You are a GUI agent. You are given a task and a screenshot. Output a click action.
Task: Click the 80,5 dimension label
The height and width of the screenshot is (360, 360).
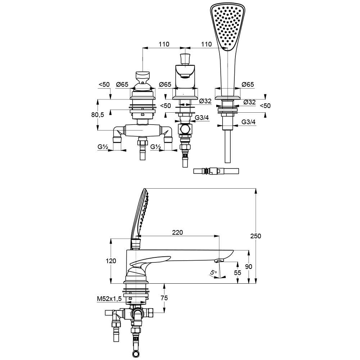(x=98, y=114)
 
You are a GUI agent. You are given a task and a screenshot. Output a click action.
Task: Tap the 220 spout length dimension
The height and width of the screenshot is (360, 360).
(x=177, y=232)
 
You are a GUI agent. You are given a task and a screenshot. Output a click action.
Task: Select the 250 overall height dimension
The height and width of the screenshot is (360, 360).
(x=256, y=236)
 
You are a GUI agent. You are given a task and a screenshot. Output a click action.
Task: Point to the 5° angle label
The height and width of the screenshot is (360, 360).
(x=213, y=273)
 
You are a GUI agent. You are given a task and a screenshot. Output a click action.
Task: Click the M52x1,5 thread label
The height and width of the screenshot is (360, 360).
(x=109, y=298)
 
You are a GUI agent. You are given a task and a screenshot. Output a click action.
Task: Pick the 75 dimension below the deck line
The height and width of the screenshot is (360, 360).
(x=164, y=298)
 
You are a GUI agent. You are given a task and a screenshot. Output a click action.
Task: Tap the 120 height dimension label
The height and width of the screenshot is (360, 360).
(x=111, y=261)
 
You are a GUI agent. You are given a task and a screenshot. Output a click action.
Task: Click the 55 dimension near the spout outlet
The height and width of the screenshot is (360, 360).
(x=238, y=273)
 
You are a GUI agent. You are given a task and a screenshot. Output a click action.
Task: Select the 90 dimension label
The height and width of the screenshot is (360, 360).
(x=248, y=266)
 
